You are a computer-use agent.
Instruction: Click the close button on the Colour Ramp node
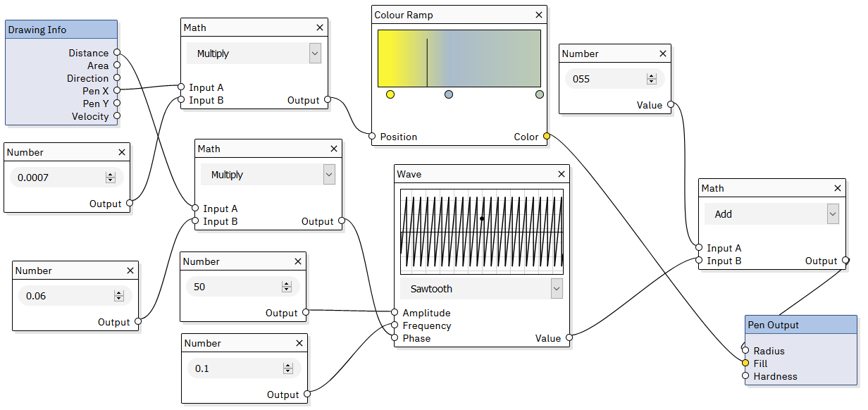[x=539, y=15]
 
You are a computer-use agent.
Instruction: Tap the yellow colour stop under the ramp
[x=390, y=94]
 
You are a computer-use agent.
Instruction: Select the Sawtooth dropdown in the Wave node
[x=481, y=288]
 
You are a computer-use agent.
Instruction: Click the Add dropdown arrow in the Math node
[x=833, y=214]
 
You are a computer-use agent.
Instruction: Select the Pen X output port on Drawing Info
[x=117, y=91]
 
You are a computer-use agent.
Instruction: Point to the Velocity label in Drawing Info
[x=90, y=116]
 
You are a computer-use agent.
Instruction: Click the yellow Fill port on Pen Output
[x=745, y=364]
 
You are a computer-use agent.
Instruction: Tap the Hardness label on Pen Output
[x=775, y=376]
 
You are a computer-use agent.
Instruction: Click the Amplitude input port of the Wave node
[x=395, y=313]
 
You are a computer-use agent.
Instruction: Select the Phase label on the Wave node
[x=416, y=338]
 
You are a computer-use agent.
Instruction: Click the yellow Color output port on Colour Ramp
[x=547, y=137]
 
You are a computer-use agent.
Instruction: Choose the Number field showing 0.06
[x=66, y=296]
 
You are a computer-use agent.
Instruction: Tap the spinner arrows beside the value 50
[x=286, y=287]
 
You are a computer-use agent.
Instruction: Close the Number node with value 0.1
[x=299, y=343]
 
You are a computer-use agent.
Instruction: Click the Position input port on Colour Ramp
[x=372, y=137]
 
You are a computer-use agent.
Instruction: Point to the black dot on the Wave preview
[x=482, y=218]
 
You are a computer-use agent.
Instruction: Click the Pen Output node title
[x=773, y=325]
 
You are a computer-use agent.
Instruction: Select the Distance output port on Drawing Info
[x=117, y=53]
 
